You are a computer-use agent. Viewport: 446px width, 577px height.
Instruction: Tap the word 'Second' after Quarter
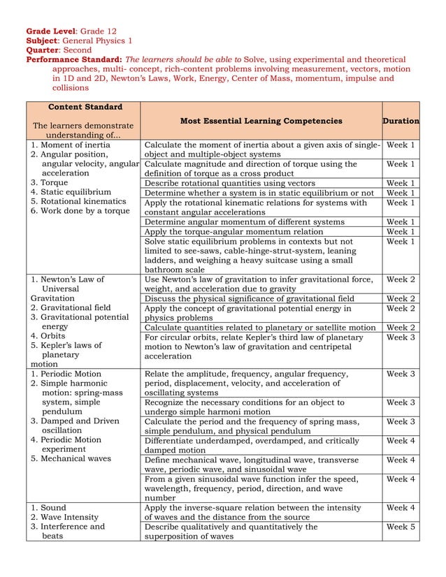(78, 50)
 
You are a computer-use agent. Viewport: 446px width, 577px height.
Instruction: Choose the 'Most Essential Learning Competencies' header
(261, 121)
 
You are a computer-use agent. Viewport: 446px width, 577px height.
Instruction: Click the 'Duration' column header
(401, 121)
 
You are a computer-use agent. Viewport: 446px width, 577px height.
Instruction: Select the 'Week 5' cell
(401, 527)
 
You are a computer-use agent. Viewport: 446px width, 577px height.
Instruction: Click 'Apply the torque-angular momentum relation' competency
(233, 231)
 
